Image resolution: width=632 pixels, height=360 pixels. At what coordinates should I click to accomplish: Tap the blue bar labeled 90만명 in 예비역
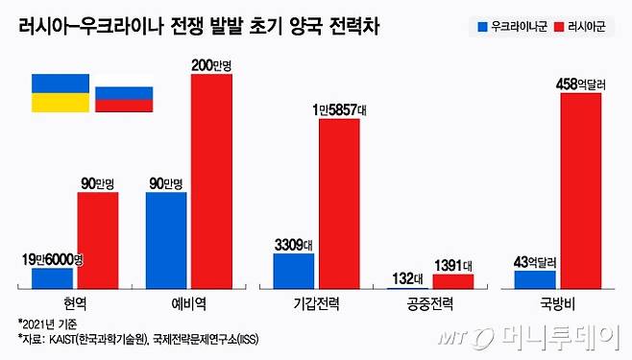click(x=166, y=240)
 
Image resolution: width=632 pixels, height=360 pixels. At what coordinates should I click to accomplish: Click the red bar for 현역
click(x=98, y=240)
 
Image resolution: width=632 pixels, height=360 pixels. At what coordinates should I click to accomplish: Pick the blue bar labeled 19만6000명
click(x=52, y=277)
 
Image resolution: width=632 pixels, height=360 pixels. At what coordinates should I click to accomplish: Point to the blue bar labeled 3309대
click(x=293, y=271)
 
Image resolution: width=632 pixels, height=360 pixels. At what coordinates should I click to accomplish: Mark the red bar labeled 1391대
click(x=452, y=281)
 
